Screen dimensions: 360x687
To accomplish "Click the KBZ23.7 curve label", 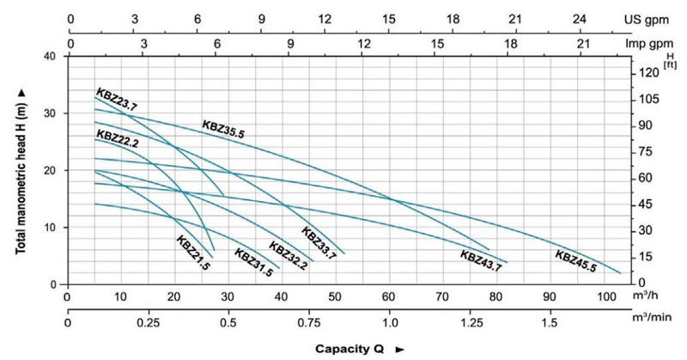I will click(x=116, y=100).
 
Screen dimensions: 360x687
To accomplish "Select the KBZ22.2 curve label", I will click(x=118, y=136).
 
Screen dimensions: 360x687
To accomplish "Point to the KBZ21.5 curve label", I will click(x=193, y=252).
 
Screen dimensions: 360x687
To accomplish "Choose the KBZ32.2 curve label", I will click(x=288, y=255).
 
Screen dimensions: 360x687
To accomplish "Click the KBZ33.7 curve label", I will click(x=318, y=243).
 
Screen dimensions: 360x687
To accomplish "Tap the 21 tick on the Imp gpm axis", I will click(x=583, y=41).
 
